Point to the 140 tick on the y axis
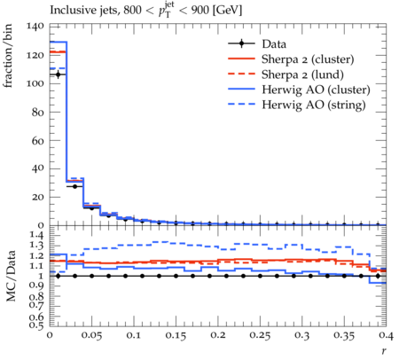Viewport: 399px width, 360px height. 35,27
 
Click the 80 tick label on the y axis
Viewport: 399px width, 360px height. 38,113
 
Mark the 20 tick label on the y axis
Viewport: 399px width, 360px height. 38,197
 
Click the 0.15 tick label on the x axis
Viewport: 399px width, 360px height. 176,336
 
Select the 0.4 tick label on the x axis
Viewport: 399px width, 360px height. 386,336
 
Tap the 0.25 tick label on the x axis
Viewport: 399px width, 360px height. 260,336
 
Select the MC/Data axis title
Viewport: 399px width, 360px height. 11,276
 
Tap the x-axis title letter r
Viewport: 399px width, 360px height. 384,351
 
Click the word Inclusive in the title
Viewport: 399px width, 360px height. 69,10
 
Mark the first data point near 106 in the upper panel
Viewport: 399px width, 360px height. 58,74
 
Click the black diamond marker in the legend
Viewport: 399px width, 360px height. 241,43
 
